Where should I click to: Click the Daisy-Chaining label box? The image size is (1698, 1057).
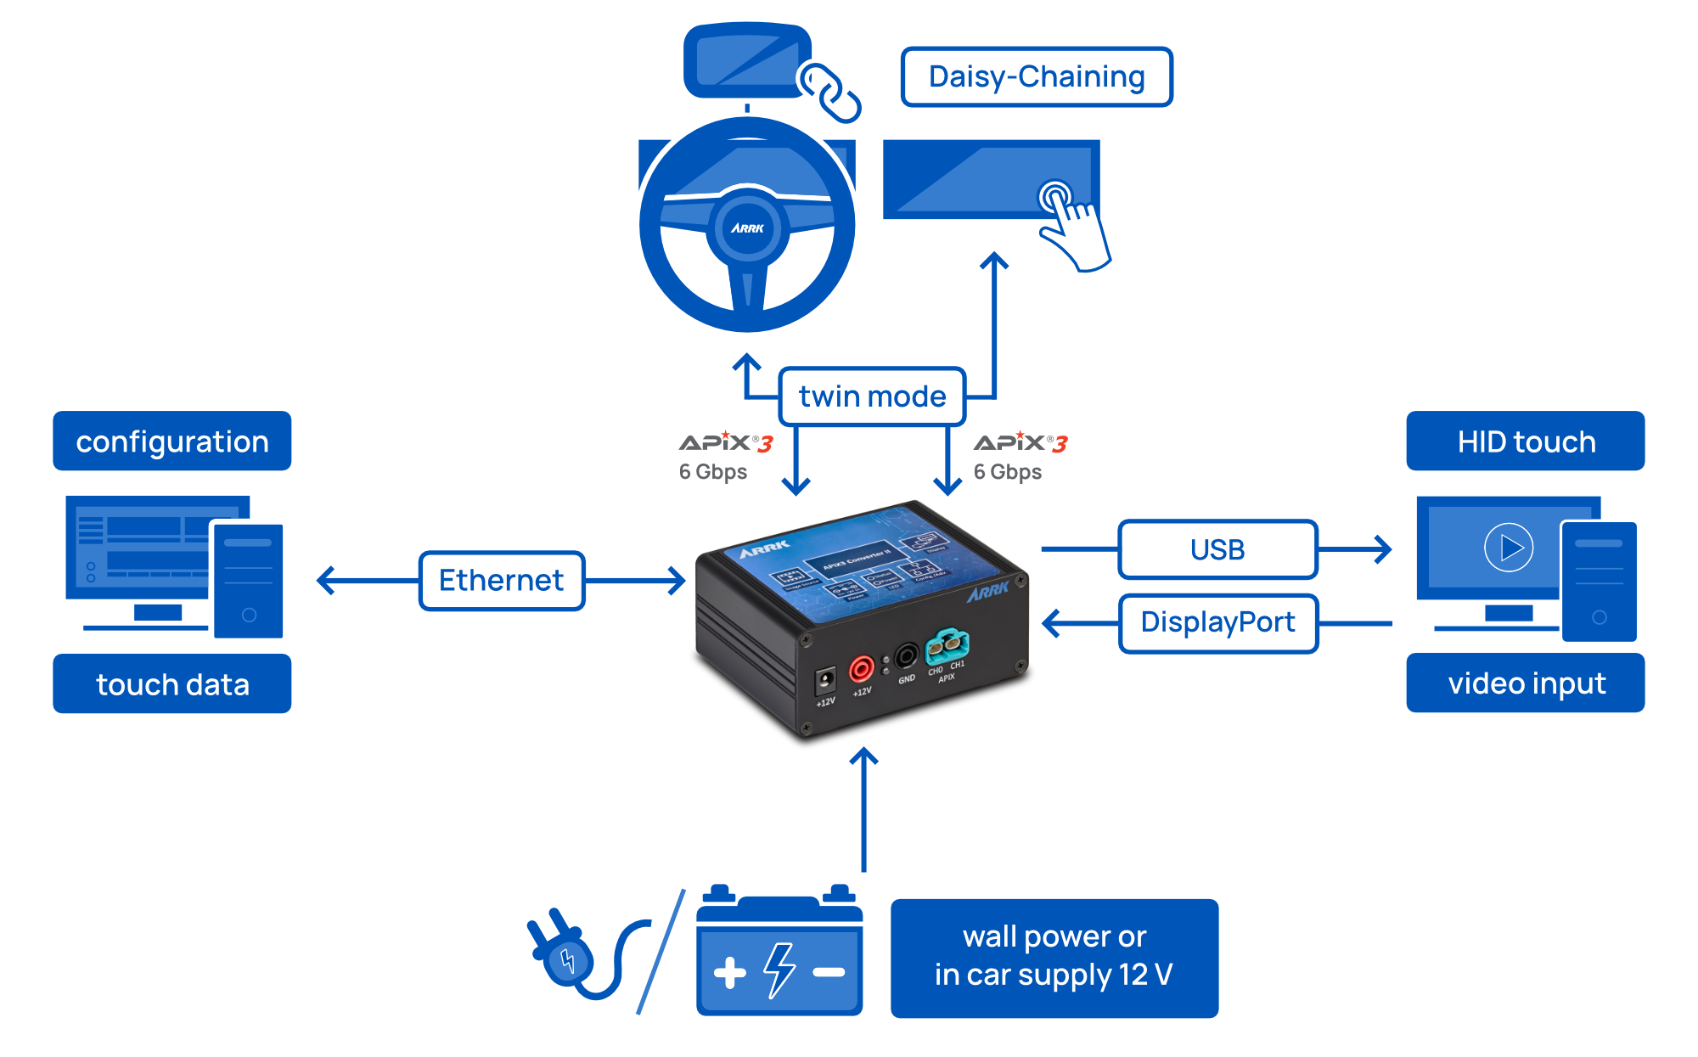pyautogui.click(x=1036, y=77)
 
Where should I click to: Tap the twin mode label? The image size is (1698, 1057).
pyautogui.click(x=872, y=396)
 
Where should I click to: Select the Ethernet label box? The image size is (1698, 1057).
pyautogui.click(x=501, y=581)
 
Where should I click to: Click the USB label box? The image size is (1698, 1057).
pyautogui.click(x=1217, y=550)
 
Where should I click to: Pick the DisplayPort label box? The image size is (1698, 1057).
pyautogui.click(x=1217, y=622)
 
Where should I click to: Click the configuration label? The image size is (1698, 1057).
pyautogui.click(x=172, y=441)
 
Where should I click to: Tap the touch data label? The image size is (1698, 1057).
pyautogui.click(x=172, y=684)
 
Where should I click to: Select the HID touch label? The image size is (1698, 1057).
pyautogui.click(x=1526, y=441)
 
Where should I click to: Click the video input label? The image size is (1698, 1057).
pyautogui.click(x=1526, y=683)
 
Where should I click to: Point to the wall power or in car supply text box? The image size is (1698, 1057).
pyautogui.click(x=1054, y=957)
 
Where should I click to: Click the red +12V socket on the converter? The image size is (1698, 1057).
pyautogui.click(x=861, y=669)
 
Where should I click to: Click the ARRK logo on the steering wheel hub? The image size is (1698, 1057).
pyautogui.click(x=747, y=228)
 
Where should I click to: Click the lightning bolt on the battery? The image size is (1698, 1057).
pyautogui.click(x=779, y=970)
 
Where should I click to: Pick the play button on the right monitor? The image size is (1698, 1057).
pyautogui.click(x=1509, y=548)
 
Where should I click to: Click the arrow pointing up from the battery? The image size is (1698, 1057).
pyautogui.click(x=863, y=807)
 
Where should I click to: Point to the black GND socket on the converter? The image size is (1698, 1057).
pyautogui.click(x=906, y=656)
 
